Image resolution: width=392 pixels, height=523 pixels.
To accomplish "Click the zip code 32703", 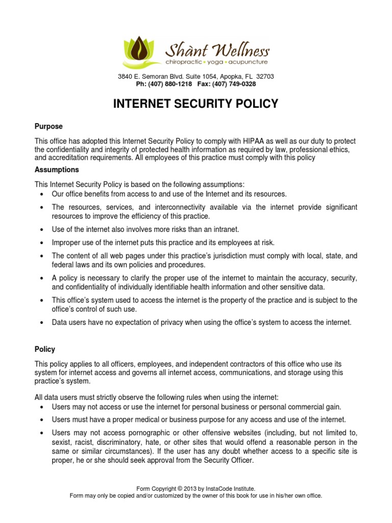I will [265, 77].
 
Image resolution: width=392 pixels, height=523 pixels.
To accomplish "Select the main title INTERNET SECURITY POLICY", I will [195, 104].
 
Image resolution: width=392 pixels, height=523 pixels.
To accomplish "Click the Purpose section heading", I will [48, 126].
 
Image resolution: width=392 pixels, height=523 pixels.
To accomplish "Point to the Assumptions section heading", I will [56, 170].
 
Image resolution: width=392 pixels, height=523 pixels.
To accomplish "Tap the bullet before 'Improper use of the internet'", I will [41, 242].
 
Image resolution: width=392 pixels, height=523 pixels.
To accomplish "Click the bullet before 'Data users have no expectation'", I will [41, 322].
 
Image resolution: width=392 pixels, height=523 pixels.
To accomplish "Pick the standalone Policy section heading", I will [44, 349].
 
